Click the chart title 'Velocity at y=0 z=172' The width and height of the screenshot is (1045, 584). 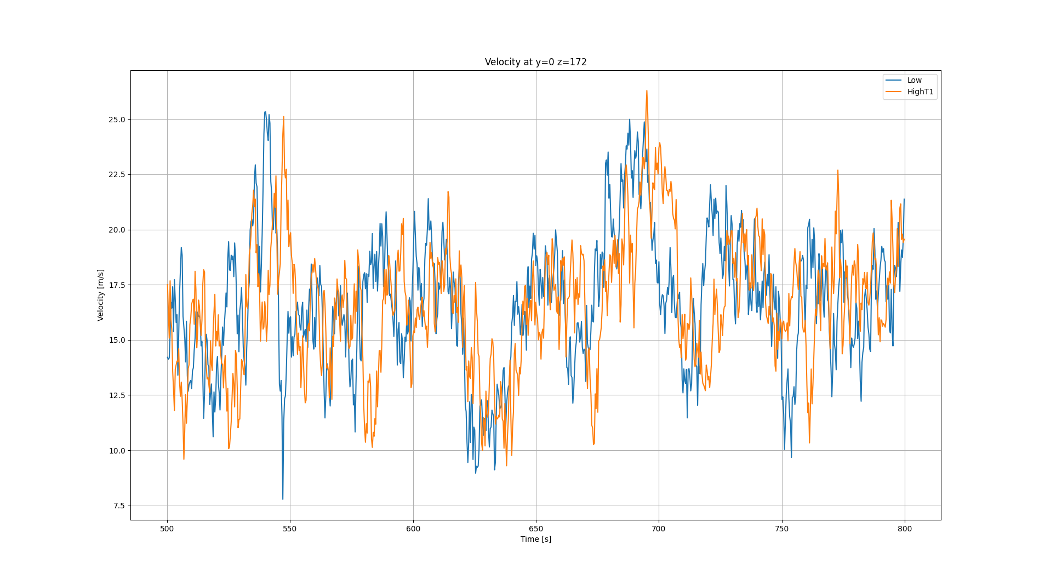pyautogui.click(x=535, y=63)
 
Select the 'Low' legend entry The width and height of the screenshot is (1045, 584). pyautogui.click(x=914, y=81)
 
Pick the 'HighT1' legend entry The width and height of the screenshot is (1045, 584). pyautogui.click(x=920, y=92)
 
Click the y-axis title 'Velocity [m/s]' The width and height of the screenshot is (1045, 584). pyautogui.click(x=100, y=295)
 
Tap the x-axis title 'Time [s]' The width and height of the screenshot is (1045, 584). pyautogui.click(x=535, y=540)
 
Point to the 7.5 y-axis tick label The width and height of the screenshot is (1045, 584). pyautogui.click(x=119, y=506)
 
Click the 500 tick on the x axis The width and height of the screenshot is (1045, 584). pyautogui.click(x=167, y=529)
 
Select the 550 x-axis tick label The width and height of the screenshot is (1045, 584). pyautogui.click(x=290, y=529)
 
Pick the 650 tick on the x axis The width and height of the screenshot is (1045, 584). pyautogui.click(x=536, y=529)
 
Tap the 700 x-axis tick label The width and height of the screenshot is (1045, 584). pyautogui.click(x=659, y=529)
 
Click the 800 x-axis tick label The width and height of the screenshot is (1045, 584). pyautogui.click(x=905, y=529)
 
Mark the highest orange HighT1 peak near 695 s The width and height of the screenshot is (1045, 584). pyautogui.click(x=647, y=91)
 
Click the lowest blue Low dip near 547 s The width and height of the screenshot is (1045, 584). pyautogui.click(x=283, y=499)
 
